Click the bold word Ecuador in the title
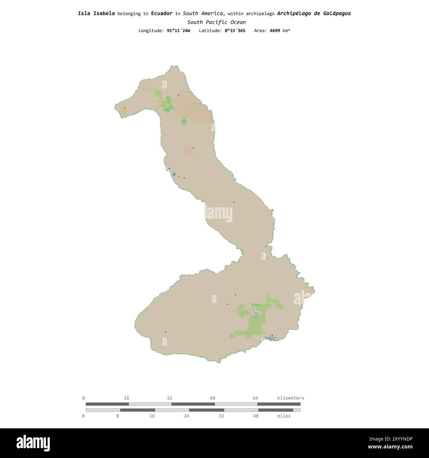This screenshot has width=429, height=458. (162, 14)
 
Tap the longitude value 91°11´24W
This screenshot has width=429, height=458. (179, 31)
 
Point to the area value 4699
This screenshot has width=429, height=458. (275, 31)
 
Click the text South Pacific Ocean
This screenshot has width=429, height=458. (216, 22)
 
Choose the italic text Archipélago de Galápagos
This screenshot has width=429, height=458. (314, 14)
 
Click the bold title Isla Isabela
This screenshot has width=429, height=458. (96, 14)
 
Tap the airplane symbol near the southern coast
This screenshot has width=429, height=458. (272, 335)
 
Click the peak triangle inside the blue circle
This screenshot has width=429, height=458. (174, 174)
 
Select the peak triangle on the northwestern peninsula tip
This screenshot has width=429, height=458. (125, 108)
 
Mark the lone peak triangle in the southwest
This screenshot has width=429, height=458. (166, 331)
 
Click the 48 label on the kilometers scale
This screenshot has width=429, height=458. (212, 398)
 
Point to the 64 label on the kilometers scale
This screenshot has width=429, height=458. (255, 398)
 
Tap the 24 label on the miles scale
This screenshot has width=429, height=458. (186, 416)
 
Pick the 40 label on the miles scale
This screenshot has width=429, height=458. (256, 416)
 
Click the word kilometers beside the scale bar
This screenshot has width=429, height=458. (290, 398)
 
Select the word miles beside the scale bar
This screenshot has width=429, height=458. (284, 416)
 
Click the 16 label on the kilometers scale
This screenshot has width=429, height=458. (126, 398)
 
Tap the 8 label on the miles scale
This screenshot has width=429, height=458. (117, 416)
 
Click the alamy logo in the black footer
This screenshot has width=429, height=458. (33, 443)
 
